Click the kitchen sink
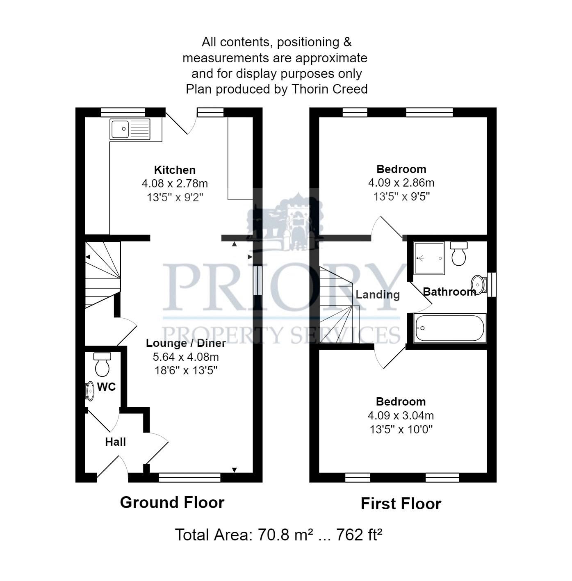(x=130, y=129)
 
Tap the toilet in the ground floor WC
(x=102, y=365)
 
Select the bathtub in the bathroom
(x=450, y=328)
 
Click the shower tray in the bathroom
(x=429, y=258)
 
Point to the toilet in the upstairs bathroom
(x=458, y=254)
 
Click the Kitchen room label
(x=175, y=170)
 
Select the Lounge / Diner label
(x=186, y=343)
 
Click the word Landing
(x=377, y=294)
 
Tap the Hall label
(x=115, y=442)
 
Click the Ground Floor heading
(x=172, y=502)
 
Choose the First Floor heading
(x=401, y=504)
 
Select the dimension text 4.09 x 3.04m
(x=401, y=415)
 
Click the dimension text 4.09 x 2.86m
(x=401, y=182)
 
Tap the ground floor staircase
(x=103, y=275)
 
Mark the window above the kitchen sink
(x=123, y=112)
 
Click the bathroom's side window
(x=492, y=284)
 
